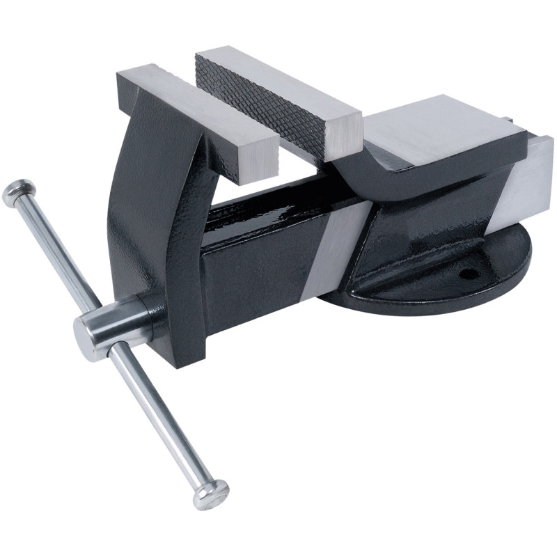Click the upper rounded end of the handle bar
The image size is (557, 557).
pyautogui.click(x=19, y=193)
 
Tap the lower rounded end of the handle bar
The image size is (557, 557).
pyautogui.click(x=212, y=494)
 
